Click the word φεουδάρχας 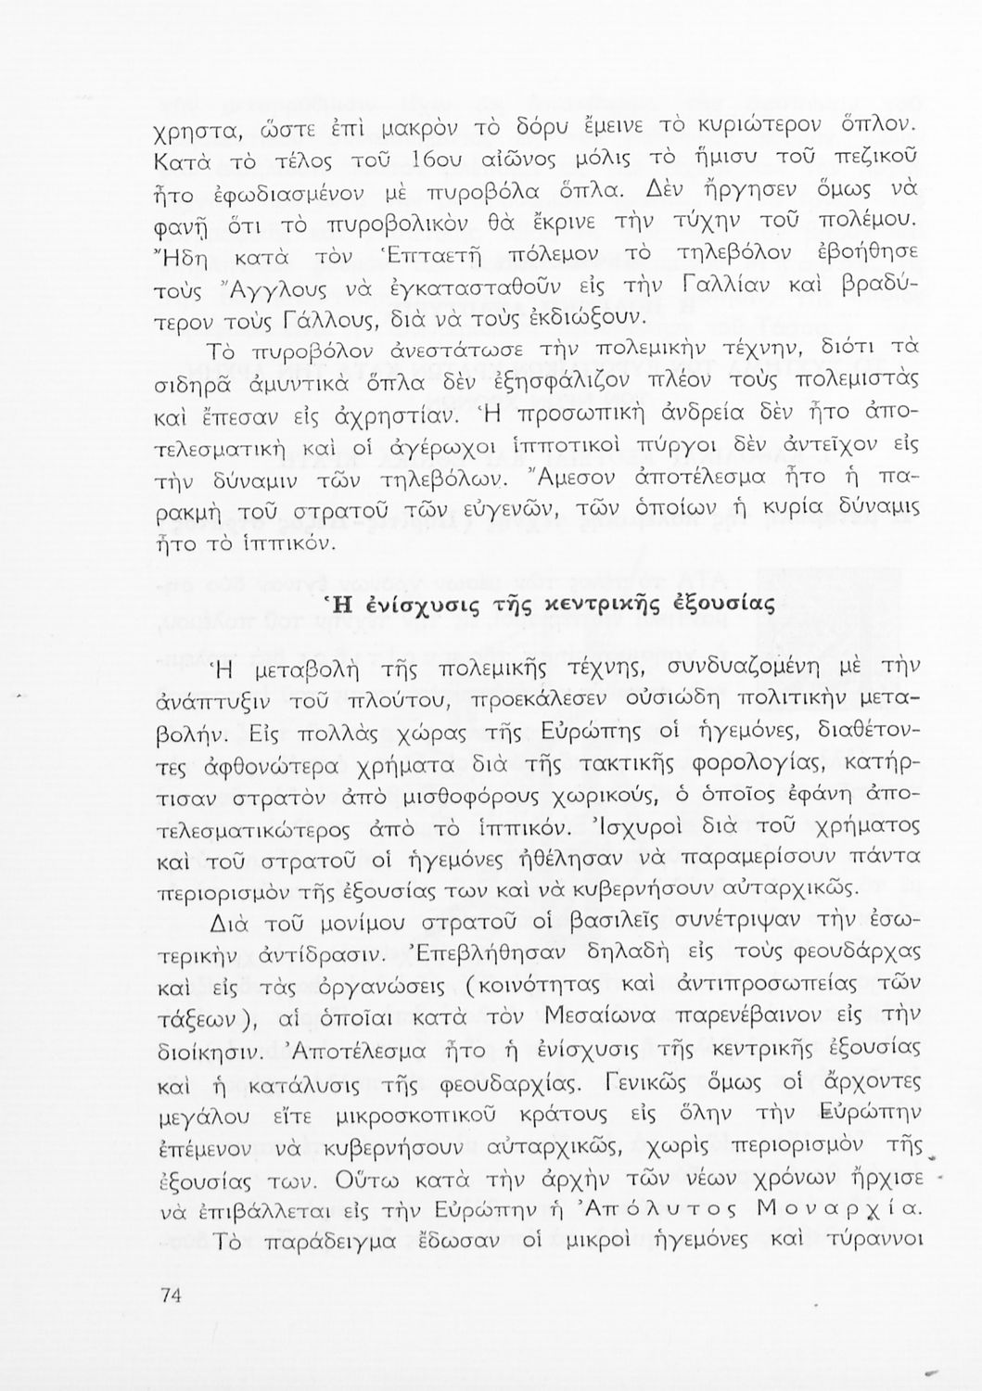click(x=843, y=958)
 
